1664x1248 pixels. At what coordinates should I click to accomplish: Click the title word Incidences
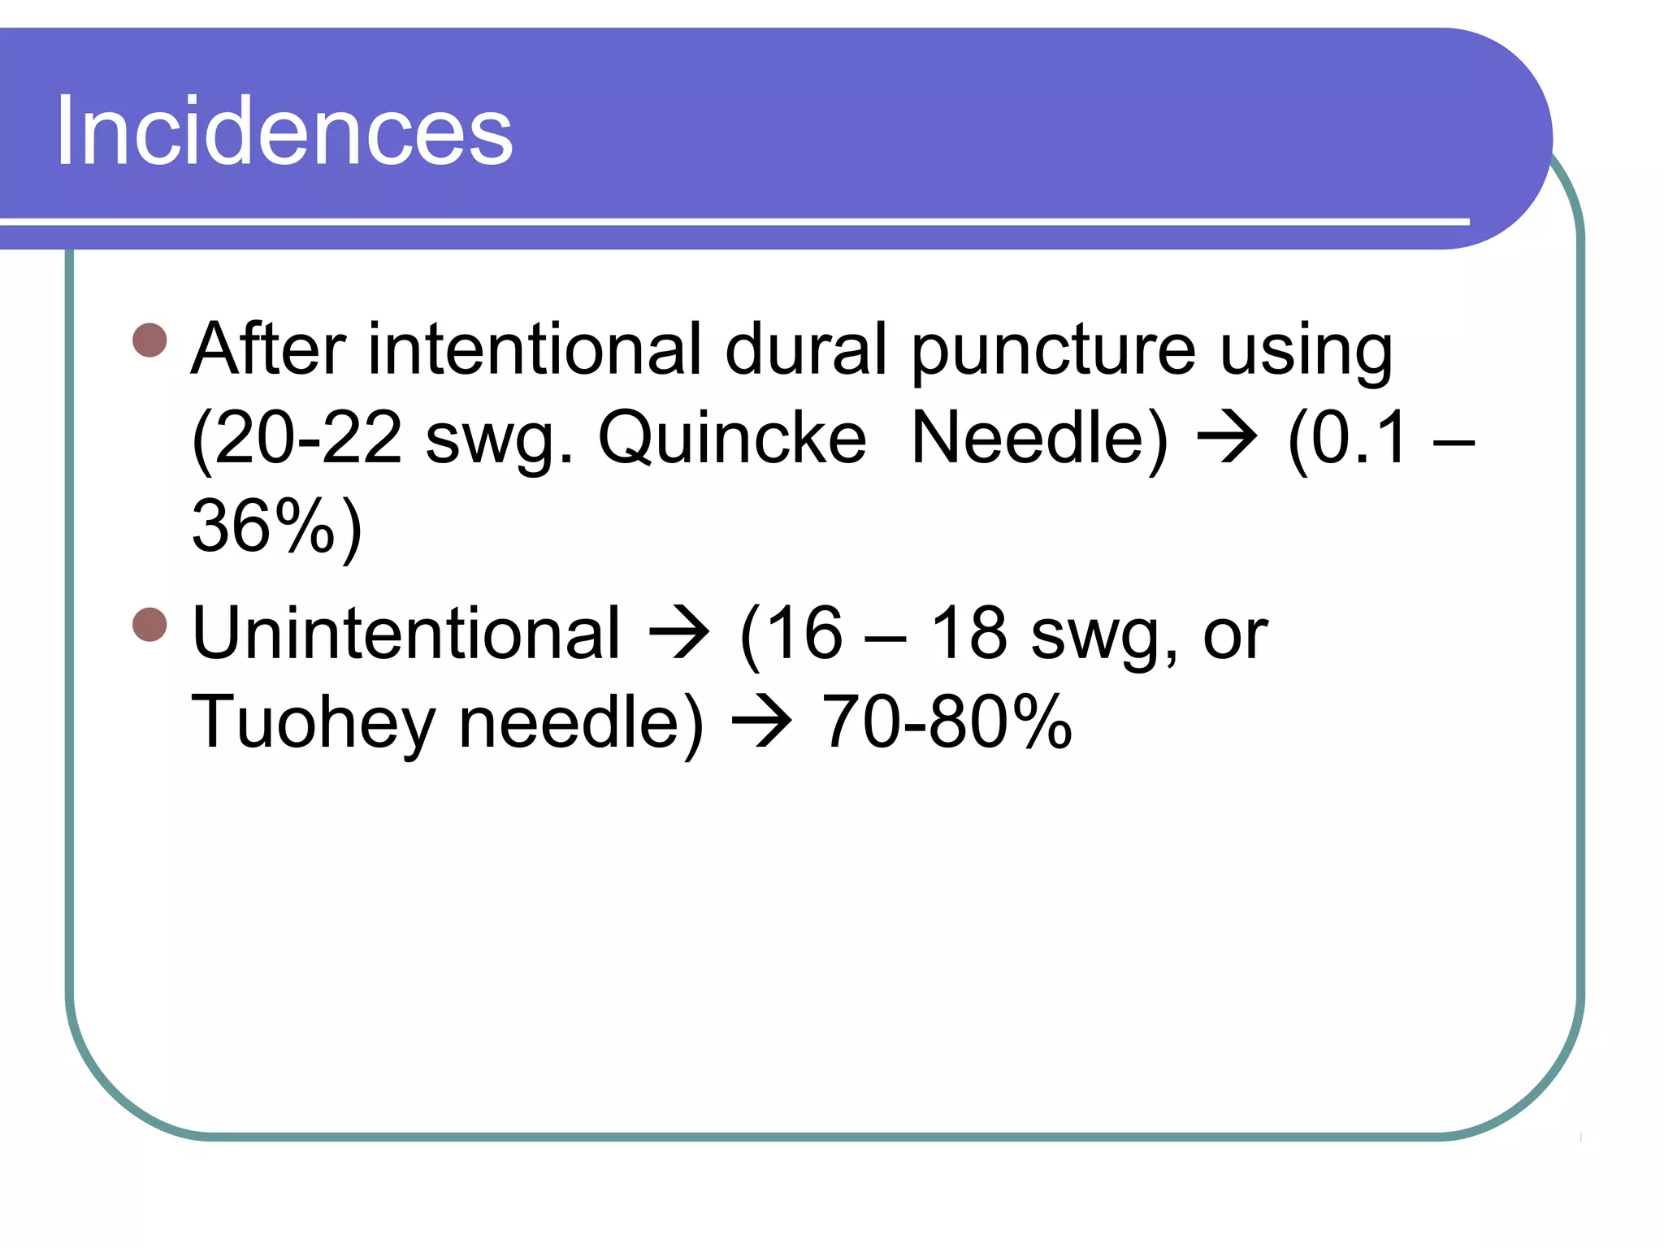(284, 132)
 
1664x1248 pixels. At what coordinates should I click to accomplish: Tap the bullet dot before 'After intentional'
(149, 340)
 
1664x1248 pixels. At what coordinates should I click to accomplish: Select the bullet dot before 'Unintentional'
(149, 625)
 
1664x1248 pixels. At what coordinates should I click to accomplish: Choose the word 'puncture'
(1053, 351)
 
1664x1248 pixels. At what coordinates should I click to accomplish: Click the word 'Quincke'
(732, 439)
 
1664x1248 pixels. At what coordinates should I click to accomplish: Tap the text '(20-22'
(297, 439)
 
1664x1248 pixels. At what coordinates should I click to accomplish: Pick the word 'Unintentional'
(405, 634)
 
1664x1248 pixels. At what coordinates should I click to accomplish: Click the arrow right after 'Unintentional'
(679, 634)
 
